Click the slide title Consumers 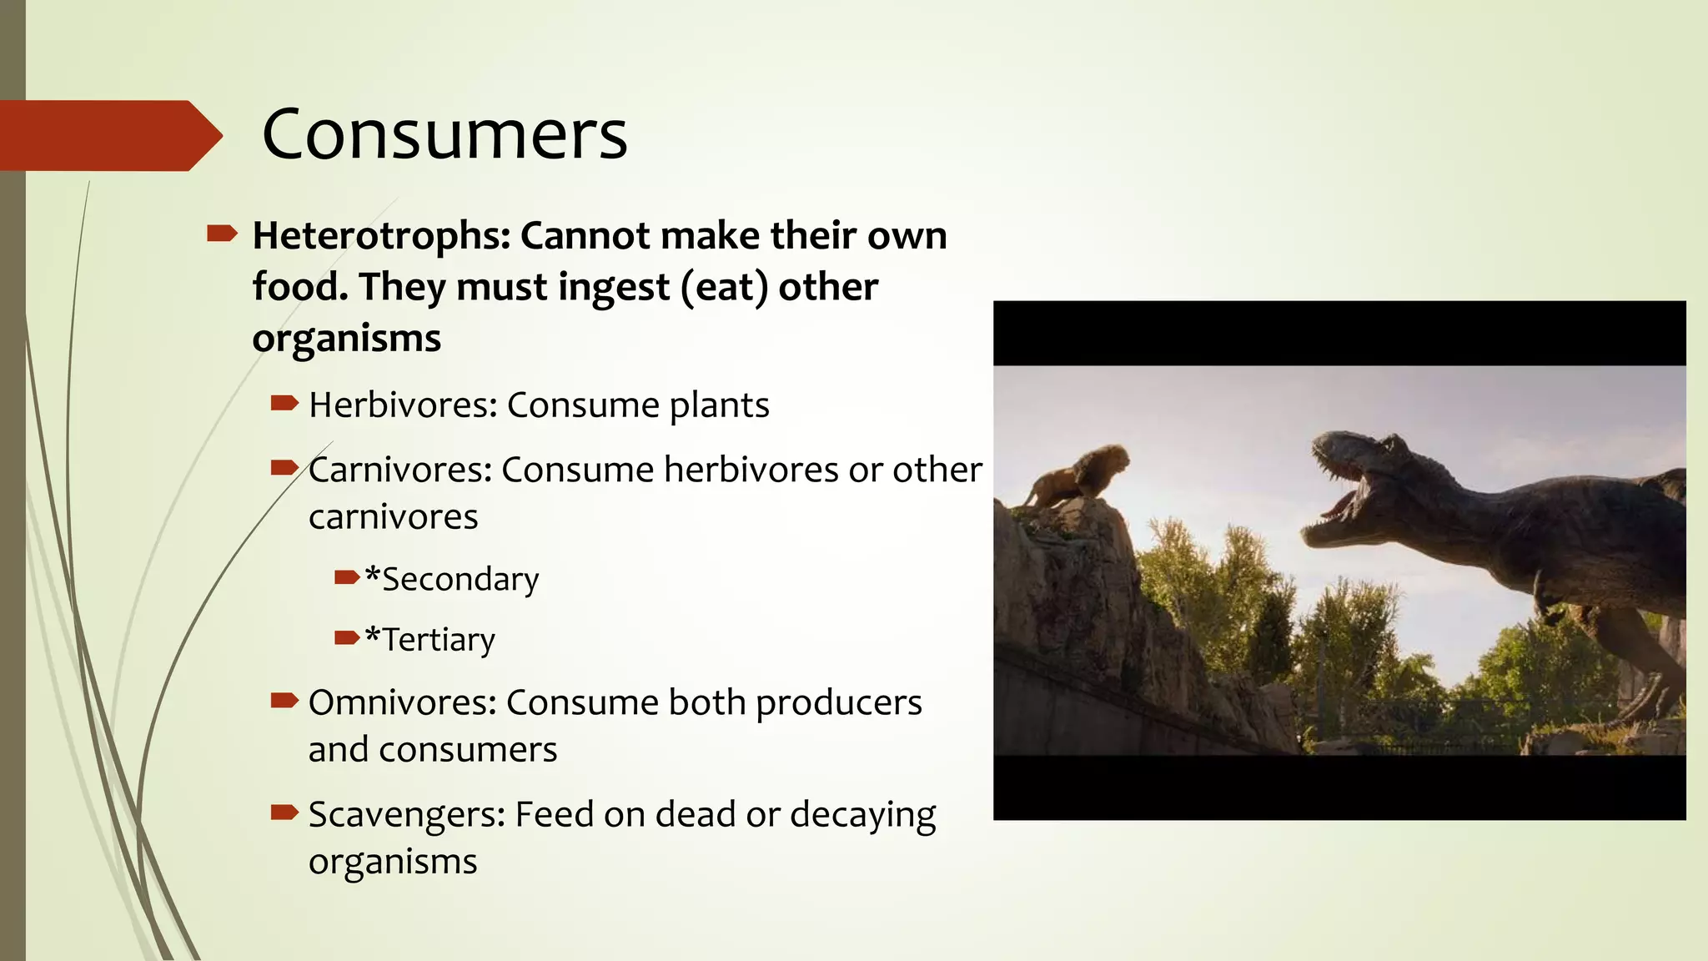(445, 135)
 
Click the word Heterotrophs (380, 236)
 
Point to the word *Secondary (452, 580)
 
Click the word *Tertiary (430, 640)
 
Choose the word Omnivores (402, 703)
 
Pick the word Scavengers (406, 815)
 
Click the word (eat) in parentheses (724, 288)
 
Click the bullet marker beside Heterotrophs (222, 234)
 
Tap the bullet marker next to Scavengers (284, 813)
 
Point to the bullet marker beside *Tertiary (347, 639)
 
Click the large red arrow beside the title (108, 135)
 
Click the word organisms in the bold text (346, 339)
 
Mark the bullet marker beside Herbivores (284, 405)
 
